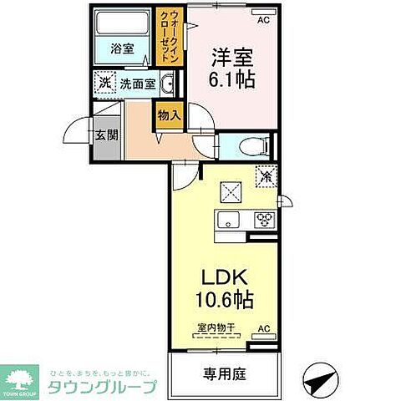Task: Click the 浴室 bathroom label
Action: pyautogui.click(x=123, y=48)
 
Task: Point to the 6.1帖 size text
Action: pyautogui.click(x=231, y=82)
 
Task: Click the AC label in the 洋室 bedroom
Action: pyautogui.click(x=263, y=18)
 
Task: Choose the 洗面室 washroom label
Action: pyautogui.click(x=136, y=83)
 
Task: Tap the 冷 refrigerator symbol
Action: pyautogui.click(x=266, y=178)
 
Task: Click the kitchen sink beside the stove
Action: pyautogui.click(x=229, y=221)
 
